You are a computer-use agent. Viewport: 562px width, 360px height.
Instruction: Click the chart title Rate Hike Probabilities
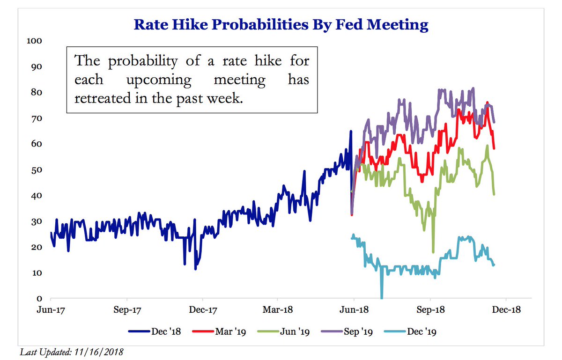281,24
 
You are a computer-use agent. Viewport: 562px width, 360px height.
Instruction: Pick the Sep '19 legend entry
355,332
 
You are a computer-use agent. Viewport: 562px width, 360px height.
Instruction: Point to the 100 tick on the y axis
36,41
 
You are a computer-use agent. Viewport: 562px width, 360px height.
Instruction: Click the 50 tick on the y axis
37,169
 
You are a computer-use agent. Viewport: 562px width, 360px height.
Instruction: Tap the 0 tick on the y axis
40,298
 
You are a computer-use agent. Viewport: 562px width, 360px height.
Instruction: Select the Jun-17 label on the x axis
51,310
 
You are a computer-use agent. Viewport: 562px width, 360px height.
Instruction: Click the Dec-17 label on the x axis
203,310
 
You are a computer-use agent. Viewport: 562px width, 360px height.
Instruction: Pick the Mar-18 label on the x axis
278,310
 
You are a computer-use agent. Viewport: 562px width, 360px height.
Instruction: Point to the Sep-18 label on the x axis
430,310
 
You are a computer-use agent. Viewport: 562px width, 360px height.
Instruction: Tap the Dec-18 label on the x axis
506,310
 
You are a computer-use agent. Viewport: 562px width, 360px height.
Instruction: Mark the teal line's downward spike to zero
382,297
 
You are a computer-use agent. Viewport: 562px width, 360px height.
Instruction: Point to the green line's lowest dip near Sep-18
433,252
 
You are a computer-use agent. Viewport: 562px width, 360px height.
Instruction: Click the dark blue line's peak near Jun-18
351,132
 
